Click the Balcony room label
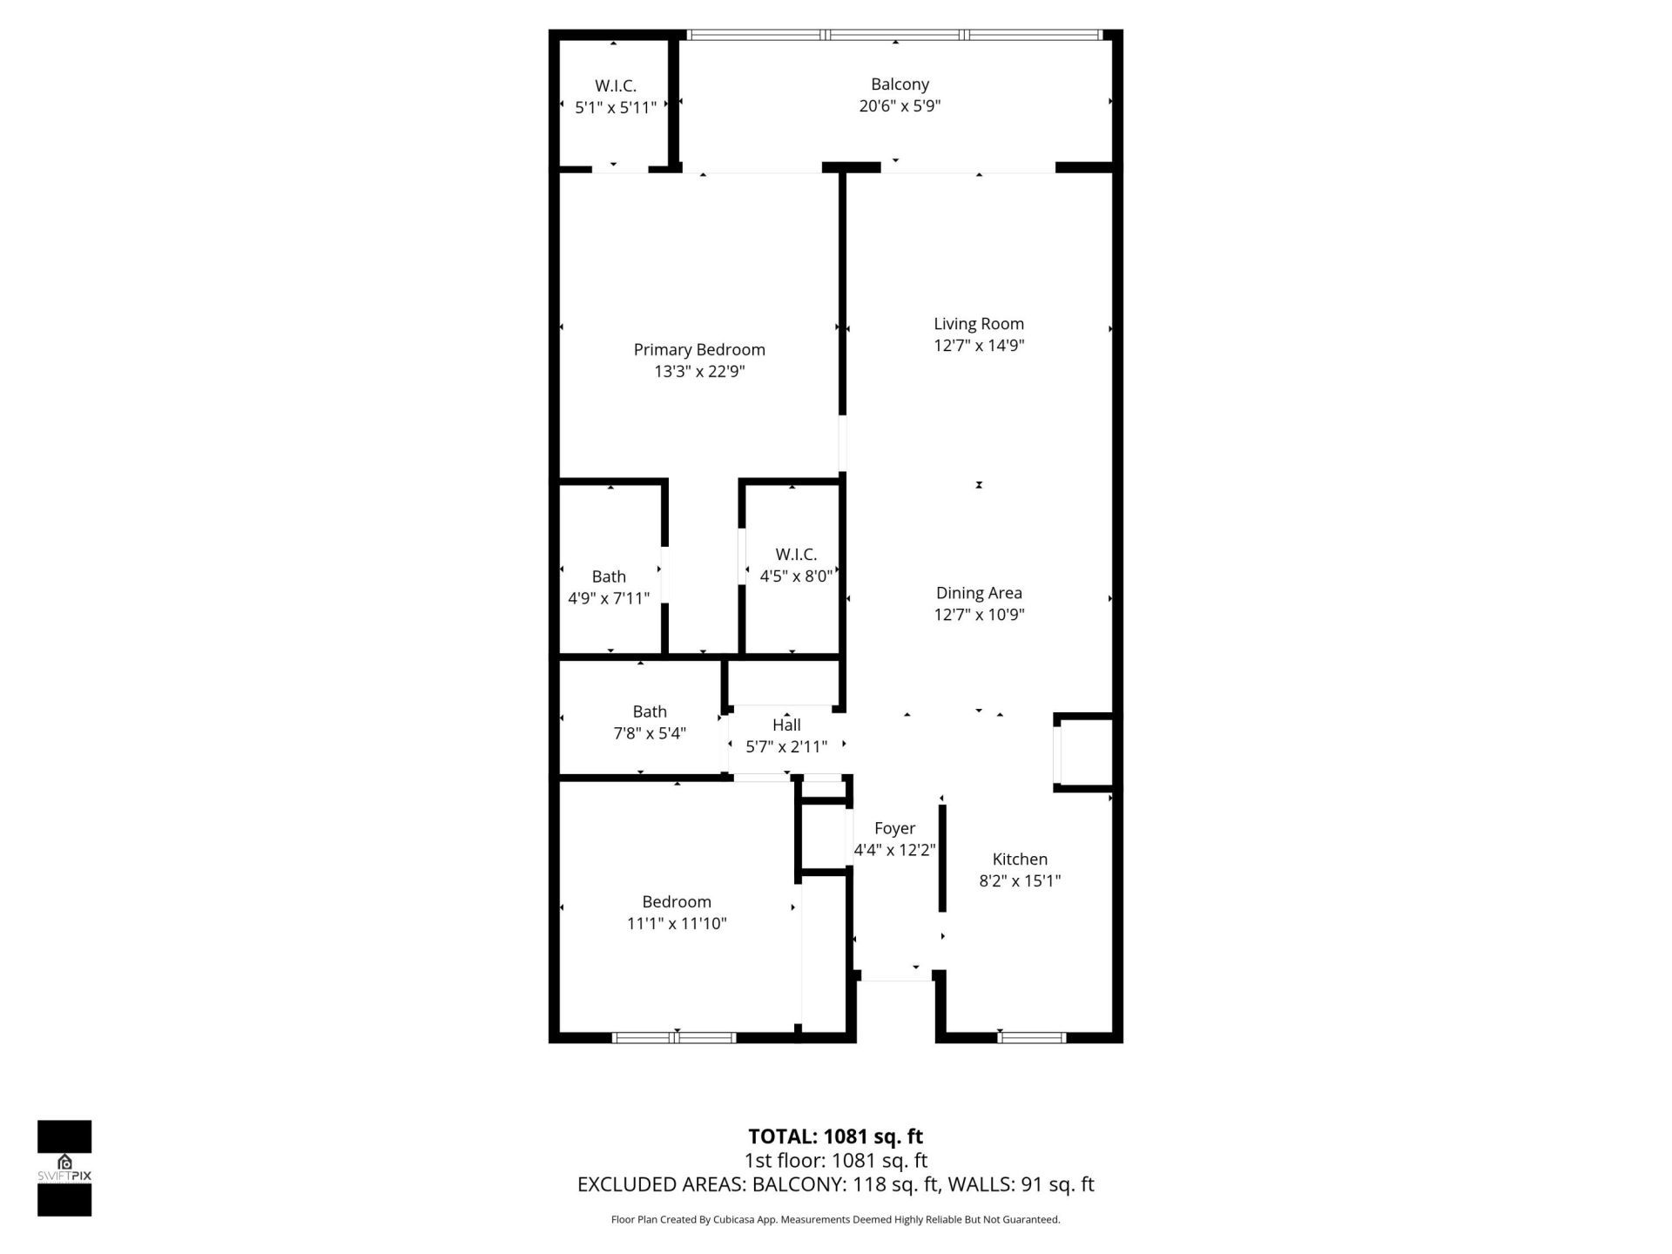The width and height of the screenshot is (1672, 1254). click(x=900, y=84)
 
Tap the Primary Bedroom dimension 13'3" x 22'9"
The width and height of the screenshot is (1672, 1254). click(x=699, y=372)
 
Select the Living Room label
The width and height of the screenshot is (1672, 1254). click(x=979, y=324)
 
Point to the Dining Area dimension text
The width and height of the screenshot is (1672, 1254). click(x=979, y=615)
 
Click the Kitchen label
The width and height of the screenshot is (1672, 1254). click(x=1020, y=860)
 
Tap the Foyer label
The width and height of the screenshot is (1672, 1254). click(x=894, y=829)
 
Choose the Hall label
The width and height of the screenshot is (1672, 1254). click(x=786, y=725)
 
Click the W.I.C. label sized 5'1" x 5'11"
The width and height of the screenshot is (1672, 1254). click(x=616, y=86)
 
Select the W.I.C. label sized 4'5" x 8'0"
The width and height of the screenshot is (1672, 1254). click(x=796, y=555)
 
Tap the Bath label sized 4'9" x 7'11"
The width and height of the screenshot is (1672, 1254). click(x=609, y=576)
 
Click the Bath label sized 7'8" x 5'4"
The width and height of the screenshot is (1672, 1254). click(x=650, y=712)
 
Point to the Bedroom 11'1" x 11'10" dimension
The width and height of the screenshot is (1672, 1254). click(x=677, y=924)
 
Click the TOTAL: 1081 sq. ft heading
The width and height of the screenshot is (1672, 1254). click(x=835, y=1136)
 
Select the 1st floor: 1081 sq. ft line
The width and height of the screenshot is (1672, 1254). click(x=835, y=1161)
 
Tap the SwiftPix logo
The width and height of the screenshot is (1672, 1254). click(x=64, y=1168)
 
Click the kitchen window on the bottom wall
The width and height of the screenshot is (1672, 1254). click(x=1032, y=1037)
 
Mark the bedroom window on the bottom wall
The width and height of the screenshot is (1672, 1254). click(x=675, y=1037)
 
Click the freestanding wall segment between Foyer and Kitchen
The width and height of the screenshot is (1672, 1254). click(x=942, y=858)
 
